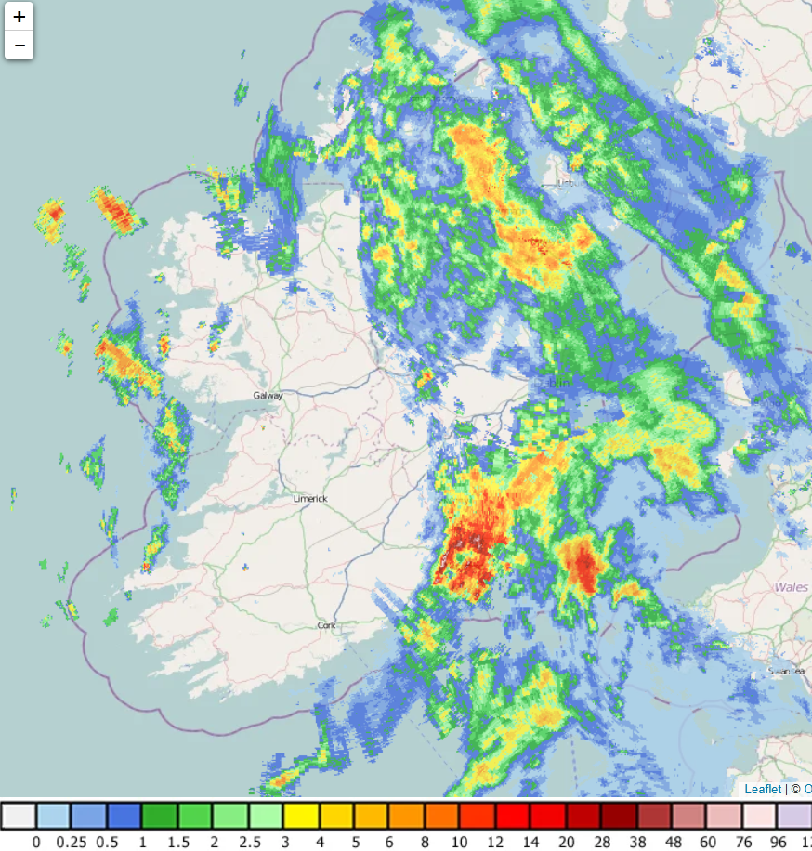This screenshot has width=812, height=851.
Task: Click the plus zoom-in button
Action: [x=20, y=17]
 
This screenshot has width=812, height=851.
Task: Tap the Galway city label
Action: [x=268, y=396]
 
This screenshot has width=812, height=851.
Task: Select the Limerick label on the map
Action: [x=310, y=499]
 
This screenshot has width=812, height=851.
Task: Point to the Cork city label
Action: [x=326, y=626]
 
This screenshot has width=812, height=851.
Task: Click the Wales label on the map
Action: [x=791, y=587]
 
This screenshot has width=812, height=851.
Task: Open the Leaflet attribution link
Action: [x=763, y=789]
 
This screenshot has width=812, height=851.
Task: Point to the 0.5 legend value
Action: [x=107, y=842]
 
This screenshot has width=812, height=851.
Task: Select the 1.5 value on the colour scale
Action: [x=177, y=842]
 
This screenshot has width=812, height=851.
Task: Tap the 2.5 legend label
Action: [x=249, y=842]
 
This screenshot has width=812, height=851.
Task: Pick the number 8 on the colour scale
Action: [x=425, y=842]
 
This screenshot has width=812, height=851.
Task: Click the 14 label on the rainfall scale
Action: [x=530, y=842]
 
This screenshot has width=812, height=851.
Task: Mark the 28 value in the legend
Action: [x=601, y=842]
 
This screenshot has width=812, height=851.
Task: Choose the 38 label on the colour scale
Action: [x=636, y=842]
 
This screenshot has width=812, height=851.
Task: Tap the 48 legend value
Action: [x=672, y=842]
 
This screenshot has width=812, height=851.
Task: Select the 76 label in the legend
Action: [x=742, y=842]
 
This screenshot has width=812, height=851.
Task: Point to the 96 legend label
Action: [x=778, y=842]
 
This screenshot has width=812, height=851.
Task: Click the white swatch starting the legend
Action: [x=19, y=817]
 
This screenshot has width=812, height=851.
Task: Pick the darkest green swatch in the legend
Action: [x=159, y=817]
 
